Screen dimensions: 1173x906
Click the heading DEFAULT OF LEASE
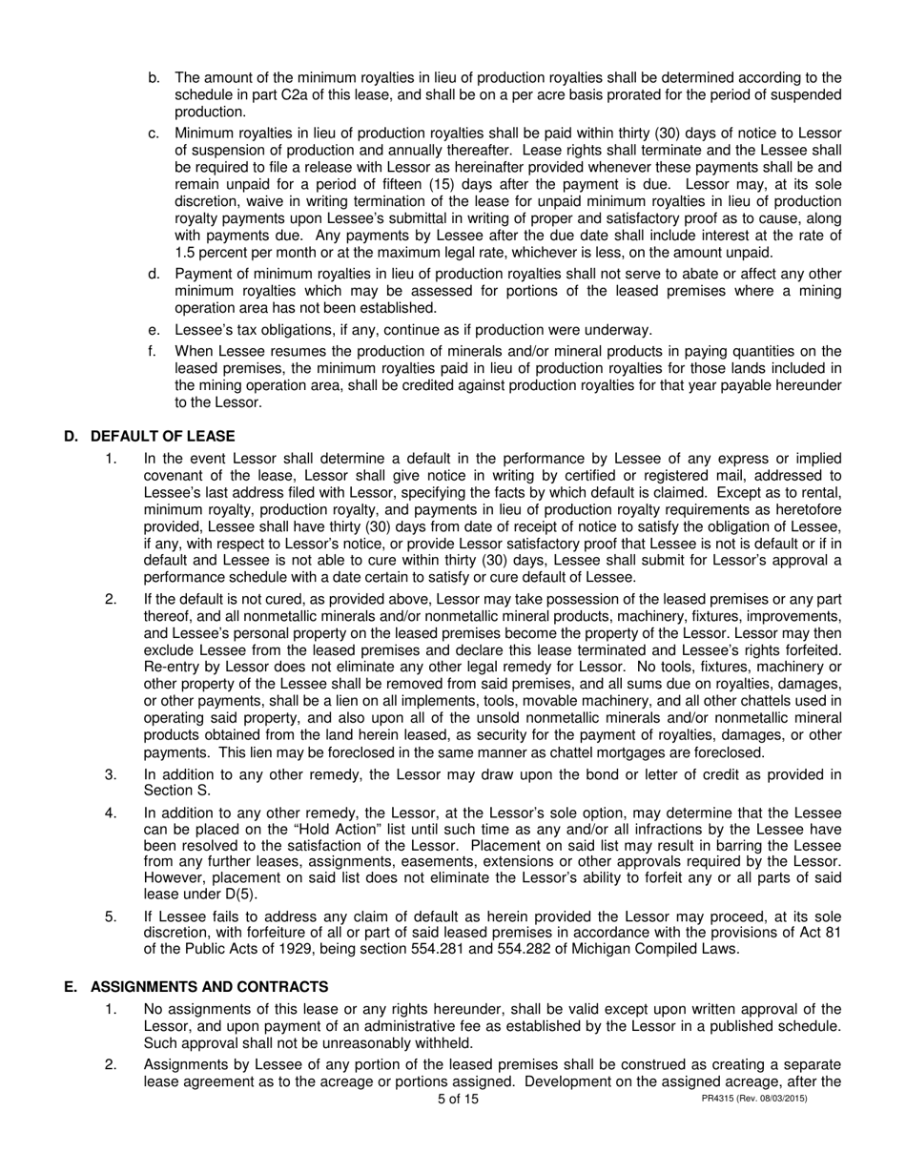pyautogui.click(x=162, y=436)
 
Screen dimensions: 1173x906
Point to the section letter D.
pyautogui.click(x=70, y=436)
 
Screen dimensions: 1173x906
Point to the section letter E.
pyautogui.click(x=70, y=986)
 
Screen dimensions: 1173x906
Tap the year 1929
pyautogui.click(x=313, y=949)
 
